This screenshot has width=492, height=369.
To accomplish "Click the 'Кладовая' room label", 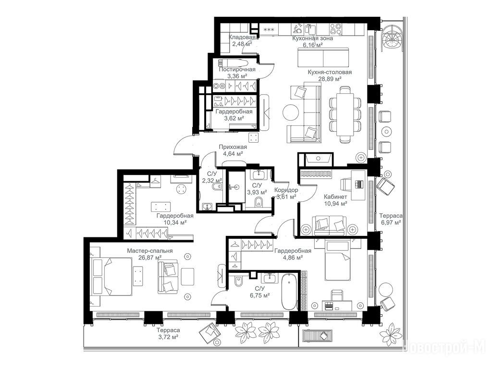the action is coord(242,37).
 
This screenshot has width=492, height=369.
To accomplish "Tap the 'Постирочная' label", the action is coord(237,69).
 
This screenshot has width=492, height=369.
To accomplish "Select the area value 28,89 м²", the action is coord(330,79).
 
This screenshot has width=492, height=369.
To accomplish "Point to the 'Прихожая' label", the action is coord(233,147).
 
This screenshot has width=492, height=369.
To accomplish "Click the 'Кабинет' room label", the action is coord(335,197).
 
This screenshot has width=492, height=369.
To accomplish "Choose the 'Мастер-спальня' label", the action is coord(150,251).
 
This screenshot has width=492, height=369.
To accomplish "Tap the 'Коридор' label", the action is coord(286,190).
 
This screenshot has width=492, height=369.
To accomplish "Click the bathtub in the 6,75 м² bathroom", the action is coord(289,292).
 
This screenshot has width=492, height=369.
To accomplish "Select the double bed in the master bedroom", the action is coord(111,277).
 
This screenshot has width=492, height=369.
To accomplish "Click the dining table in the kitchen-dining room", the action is coord(345,114).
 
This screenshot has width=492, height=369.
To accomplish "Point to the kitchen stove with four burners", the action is coord(335,29).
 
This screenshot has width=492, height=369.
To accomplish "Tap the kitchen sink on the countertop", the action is coord(310,29).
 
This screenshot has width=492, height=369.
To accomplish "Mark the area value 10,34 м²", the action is coord(175,222).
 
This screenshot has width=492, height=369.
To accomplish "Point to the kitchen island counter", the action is coord(323,57).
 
